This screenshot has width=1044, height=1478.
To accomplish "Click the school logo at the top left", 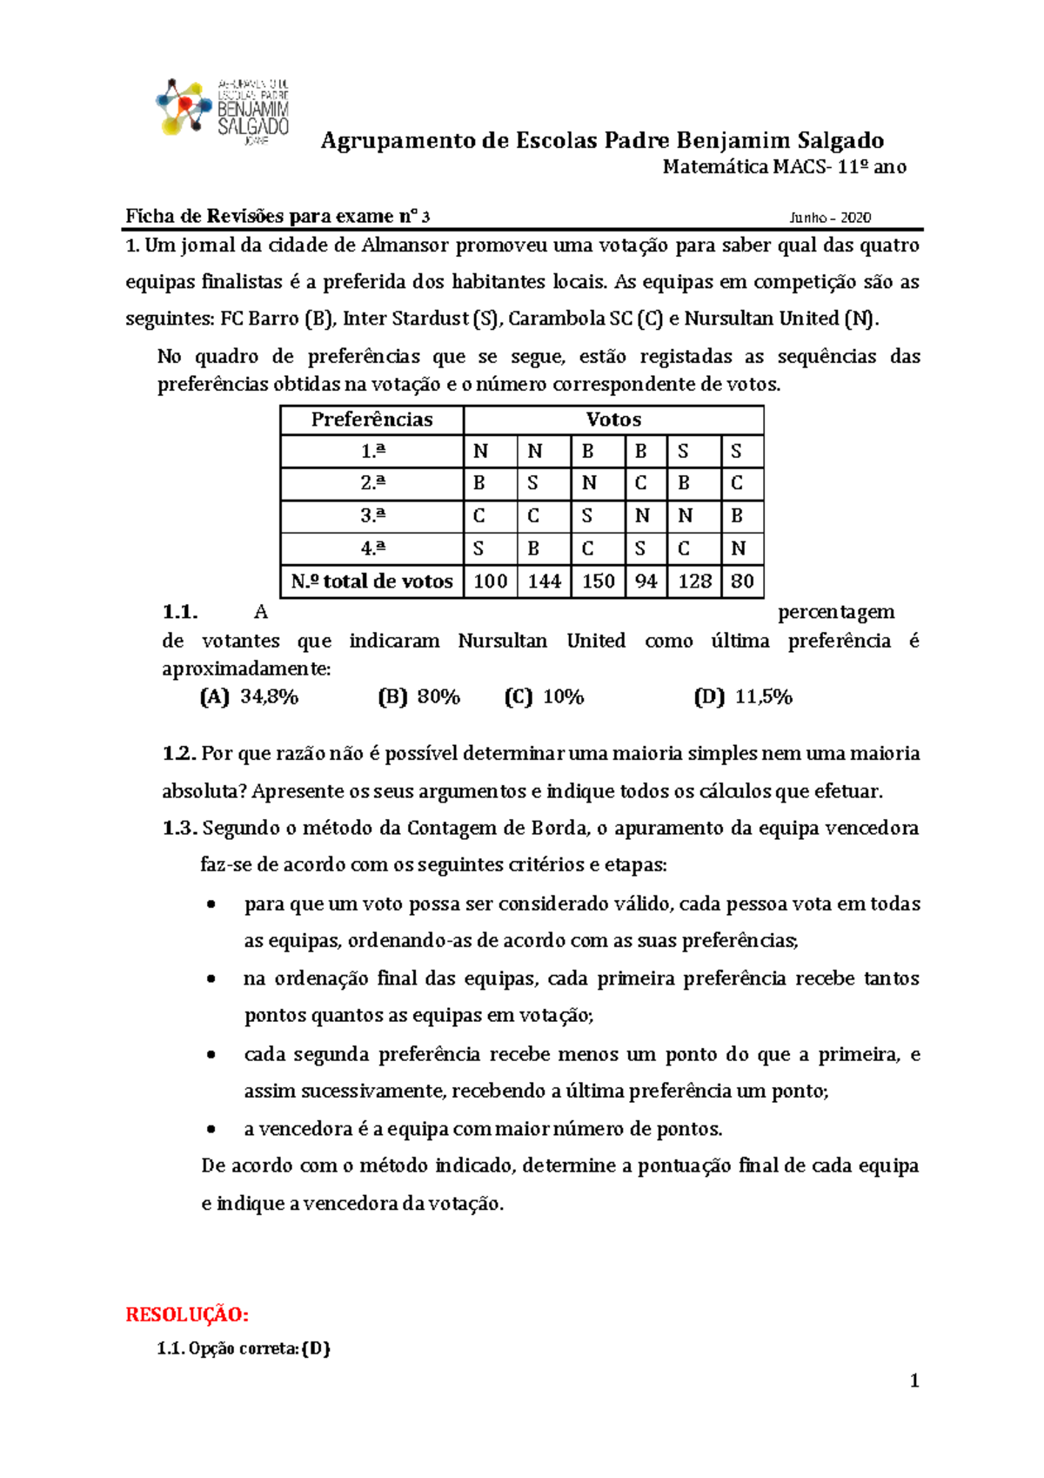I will [222, 108].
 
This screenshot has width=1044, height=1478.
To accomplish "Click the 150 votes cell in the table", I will [598, 581].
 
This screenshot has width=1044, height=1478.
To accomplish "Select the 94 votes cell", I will [646, 581].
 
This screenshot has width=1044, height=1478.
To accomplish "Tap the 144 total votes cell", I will [544, 581].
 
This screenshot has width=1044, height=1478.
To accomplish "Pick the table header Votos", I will [613, 420].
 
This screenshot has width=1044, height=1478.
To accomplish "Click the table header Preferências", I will [371, 420].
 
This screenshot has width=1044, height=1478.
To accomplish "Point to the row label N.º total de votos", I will [371, 581].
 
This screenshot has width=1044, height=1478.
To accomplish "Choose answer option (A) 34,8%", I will [250, 697].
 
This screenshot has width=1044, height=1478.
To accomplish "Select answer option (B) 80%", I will [419, 697].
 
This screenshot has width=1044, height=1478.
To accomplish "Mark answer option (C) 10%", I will [545, 697].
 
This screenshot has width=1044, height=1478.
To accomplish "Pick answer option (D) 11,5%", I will [744, 697].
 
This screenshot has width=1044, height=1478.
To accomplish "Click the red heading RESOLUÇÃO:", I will [188, 1314].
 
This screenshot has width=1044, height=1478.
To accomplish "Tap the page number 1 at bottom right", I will [914, 1381].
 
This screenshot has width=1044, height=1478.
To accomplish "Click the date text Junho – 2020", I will [830, 218].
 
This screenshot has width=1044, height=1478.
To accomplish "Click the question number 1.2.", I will [179, 754].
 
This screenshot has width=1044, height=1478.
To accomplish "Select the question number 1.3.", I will [179, 829].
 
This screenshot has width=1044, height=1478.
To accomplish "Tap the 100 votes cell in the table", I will [491, 581].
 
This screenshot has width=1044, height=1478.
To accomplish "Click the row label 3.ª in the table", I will [372, 516].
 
